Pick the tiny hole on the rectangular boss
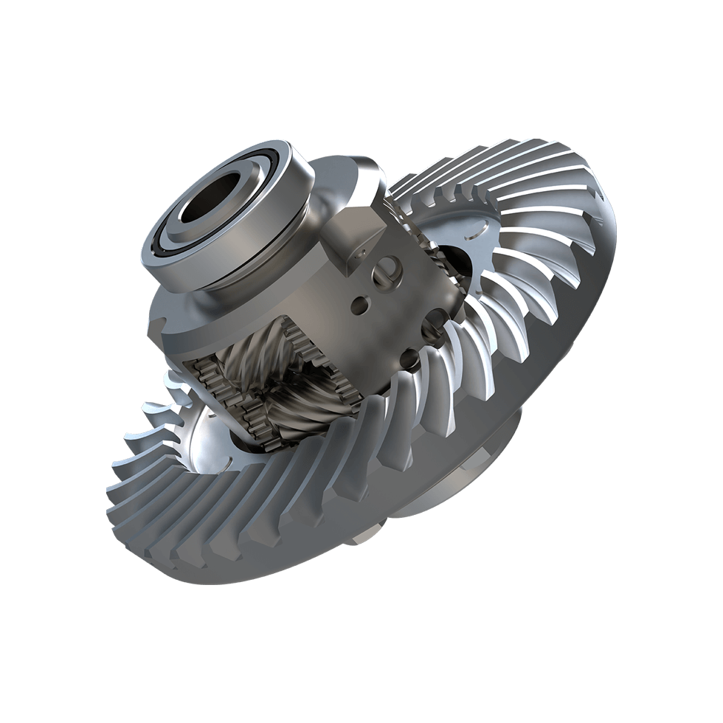pyautogui.click(x=352, y=255)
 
